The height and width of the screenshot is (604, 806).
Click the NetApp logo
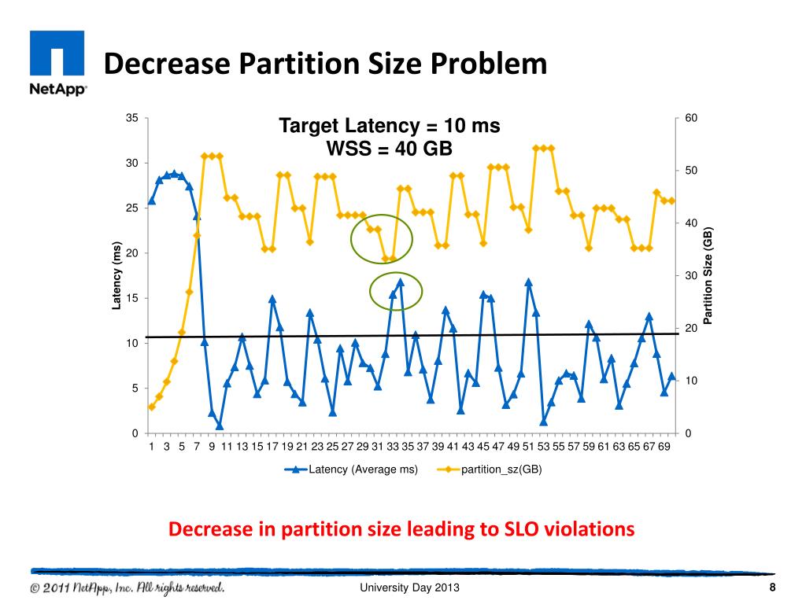pos(57,62)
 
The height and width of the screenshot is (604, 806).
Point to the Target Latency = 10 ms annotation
pos(390,126)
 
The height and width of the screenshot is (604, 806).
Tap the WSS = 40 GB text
pos(390,148)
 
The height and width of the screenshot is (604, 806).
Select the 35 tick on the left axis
pos(133,118)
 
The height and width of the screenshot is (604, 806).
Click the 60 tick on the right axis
pos(691,118)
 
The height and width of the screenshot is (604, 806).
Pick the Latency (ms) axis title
pos(116,275)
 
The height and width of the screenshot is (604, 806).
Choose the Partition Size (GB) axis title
pos(708,275)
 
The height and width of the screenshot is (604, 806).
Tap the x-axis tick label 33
pos(393,447)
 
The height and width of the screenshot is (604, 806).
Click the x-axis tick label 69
pos(664,447)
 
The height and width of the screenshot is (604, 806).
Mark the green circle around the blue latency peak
pos(397,292)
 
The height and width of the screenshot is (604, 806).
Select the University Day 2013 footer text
pos(409,589)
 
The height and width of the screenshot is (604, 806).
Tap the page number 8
pos(772,589)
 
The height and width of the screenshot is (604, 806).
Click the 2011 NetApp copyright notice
pos(128,588)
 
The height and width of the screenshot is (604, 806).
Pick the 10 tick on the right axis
pos(691,381)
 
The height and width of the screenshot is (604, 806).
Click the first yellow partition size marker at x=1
pos(151,407)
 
